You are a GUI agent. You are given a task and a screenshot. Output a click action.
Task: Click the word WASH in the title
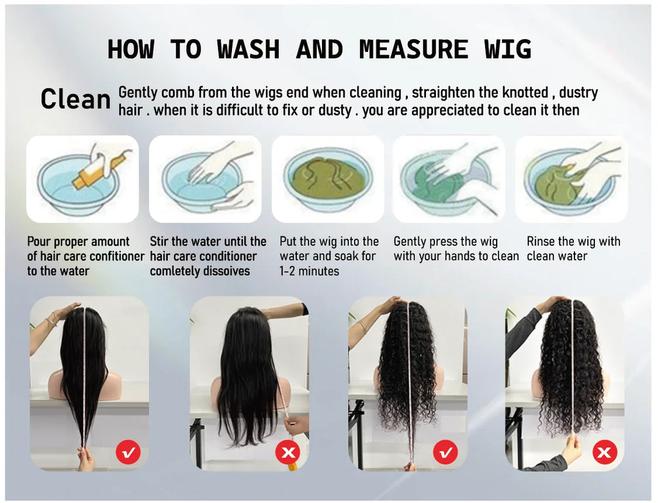tap(248, 49)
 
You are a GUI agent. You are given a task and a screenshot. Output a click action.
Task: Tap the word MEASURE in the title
tap(413, 49)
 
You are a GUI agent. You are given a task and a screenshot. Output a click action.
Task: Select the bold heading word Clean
tap(76, 99)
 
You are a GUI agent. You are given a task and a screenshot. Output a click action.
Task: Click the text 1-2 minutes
tap(309, 271)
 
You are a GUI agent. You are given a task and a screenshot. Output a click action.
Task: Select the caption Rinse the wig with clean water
tap(573, 248)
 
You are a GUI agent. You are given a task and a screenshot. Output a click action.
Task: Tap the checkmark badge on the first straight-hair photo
tap(128, 452)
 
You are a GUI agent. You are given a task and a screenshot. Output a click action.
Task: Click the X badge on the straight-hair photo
tap(287, 452)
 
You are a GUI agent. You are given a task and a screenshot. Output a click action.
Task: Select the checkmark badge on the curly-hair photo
tap(445, 452)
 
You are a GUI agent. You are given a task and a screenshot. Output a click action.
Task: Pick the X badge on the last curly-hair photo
tap(604, 452)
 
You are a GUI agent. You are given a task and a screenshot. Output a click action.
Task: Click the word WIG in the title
tap(508, 49)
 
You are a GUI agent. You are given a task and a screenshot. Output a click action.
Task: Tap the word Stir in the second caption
tap(159, 241)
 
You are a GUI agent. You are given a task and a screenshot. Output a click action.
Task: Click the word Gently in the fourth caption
tap(409, 242)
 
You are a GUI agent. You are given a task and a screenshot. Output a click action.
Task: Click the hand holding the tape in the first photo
tap(85, 457)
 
